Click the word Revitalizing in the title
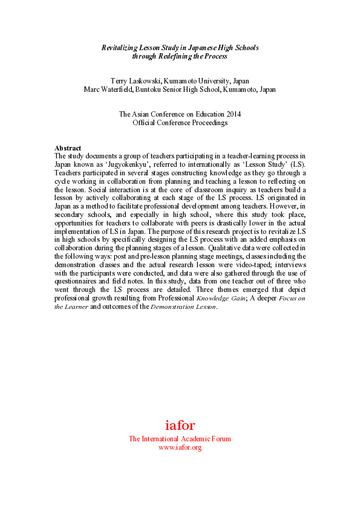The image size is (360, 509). pos(120,48)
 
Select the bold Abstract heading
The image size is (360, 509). pos(67,148)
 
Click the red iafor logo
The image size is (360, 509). pos(180,425)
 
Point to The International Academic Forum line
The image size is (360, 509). pos(180,439)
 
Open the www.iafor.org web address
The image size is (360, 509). pos(180,447)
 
